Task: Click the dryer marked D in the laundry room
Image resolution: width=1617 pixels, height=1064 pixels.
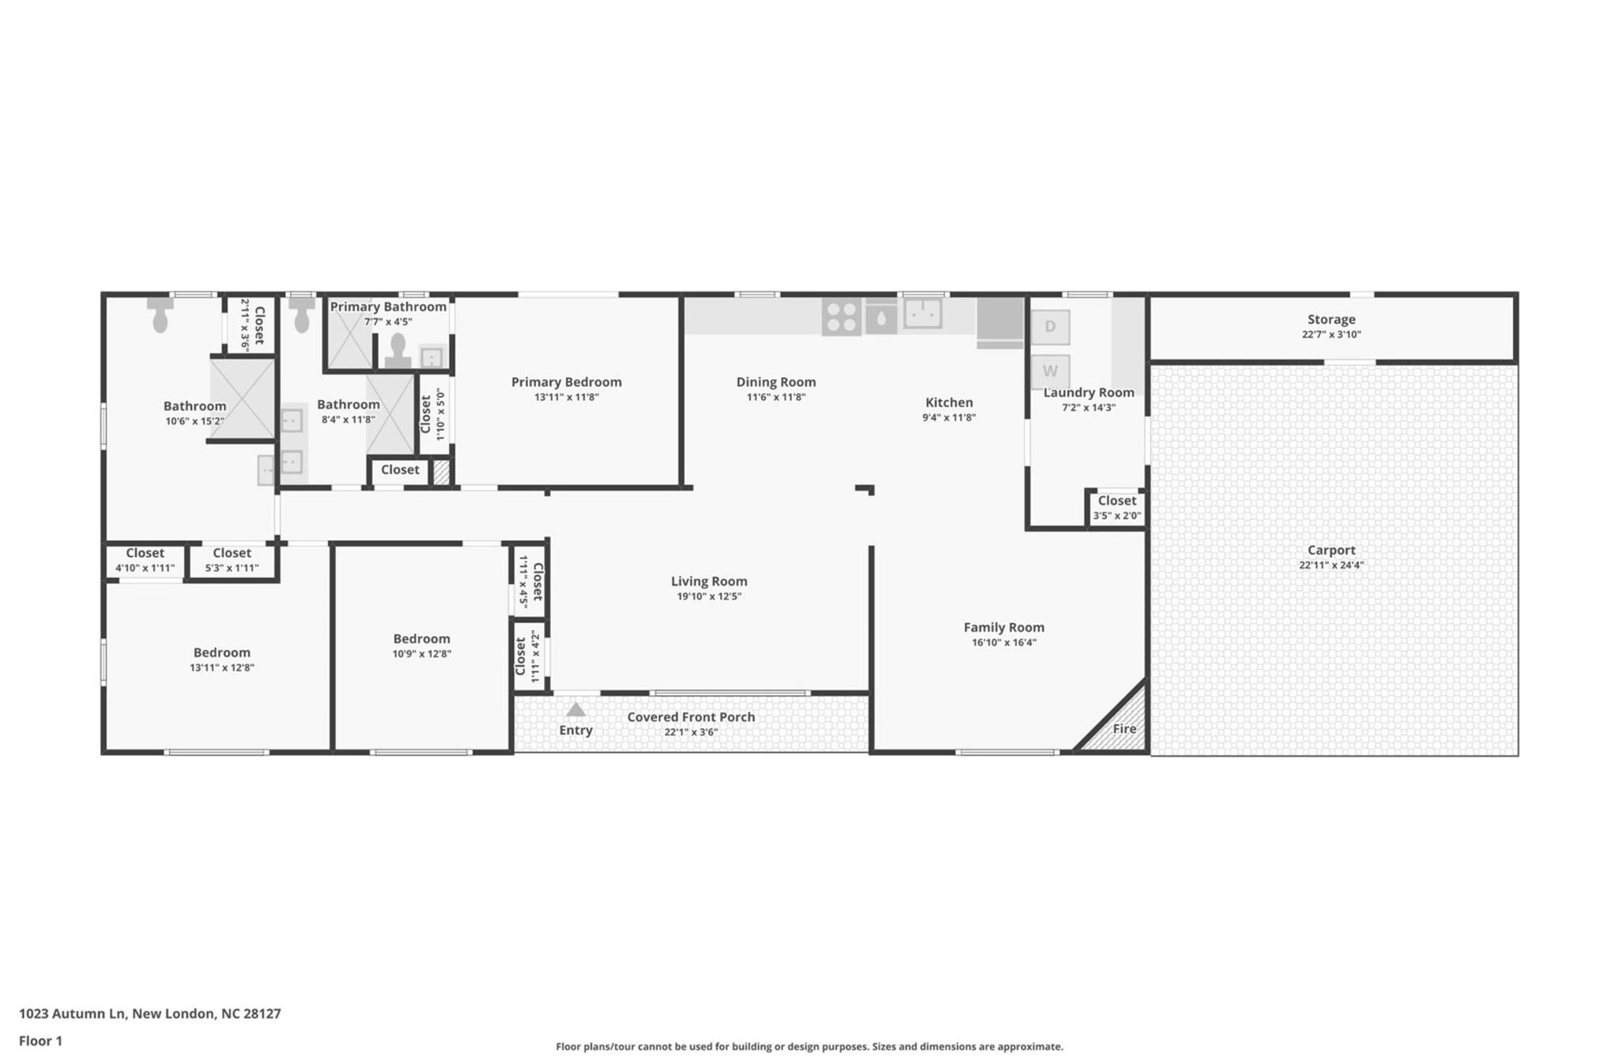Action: click(x=1050, y=327)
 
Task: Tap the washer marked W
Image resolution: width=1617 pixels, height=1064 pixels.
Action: click(x=1050, y=371)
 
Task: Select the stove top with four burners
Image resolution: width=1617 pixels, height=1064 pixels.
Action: click(x=841, y=316)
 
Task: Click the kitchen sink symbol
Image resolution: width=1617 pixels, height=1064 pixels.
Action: click(x=922, y=313)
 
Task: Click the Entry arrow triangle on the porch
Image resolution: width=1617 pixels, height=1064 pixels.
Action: click(x=576, y=709)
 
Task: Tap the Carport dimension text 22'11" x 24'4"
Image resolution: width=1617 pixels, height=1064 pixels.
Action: click(x=1331, y=565)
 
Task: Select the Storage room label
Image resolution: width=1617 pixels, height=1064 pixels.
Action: click(x=1331, y=319)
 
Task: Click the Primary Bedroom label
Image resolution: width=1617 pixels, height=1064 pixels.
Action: click(x=566, y=382)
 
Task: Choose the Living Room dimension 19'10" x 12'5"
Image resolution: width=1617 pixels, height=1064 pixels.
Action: click(x=709, y=596)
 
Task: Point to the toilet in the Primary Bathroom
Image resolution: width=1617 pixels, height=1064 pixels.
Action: click(x=398, y=350)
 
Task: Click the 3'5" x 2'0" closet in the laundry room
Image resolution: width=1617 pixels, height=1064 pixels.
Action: click(x=1116, y=508)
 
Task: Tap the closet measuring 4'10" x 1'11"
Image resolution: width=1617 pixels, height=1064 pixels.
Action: click(x=145, y=560)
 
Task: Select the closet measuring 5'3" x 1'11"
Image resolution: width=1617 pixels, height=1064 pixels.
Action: click(x=232, y=560)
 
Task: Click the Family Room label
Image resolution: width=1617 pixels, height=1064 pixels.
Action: click(x=1004, y=627)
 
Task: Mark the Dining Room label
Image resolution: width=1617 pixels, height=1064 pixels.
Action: click(x=776, y=382)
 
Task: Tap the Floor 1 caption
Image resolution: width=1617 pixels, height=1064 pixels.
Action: click(x=40, y=1041)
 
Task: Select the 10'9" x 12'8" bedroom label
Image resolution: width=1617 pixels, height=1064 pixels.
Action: click(x=422, y=639)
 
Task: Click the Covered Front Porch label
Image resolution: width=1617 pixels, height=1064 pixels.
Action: click(x=691, y=717)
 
